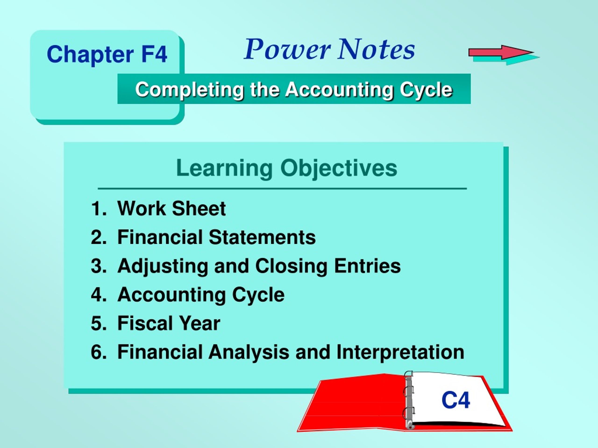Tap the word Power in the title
pyautogui.click(x=287, y=49)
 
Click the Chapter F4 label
pyautogui.click(x=107, y=54)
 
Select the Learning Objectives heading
pyautogui.click(x=287, y=168)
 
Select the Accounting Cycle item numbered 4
pyautogui.click(x=201, y=295)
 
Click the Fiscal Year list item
pyautogui.click(x=169, y=323)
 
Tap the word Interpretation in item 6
pyautogui.click(x=400, y=353)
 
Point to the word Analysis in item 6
pyautogui.click(x=249, y=353)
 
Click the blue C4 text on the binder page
pyautogui.click(x=456, y=400)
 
